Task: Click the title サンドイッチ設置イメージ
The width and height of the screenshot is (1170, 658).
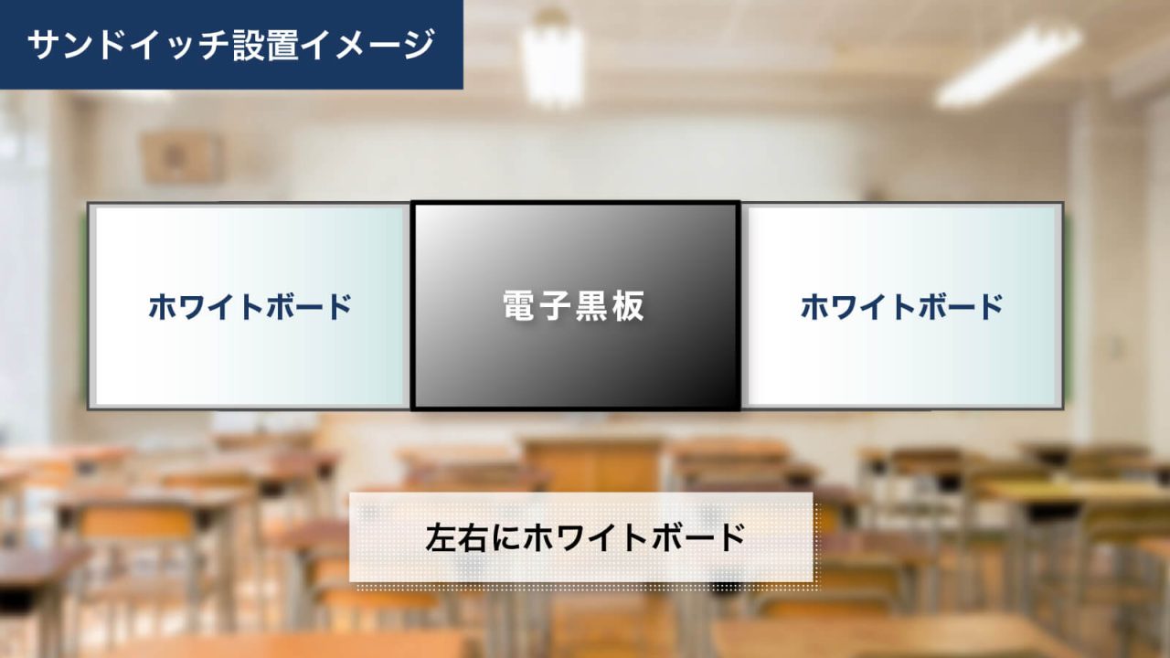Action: [x=230, y=45]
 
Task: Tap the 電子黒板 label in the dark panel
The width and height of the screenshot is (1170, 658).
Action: [x=574, y=307]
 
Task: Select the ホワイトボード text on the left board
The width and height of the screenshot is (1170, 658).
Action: [x=250, y=307]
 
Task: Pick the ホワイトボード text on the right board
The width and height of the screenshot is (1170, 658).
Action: [x=902, y=307]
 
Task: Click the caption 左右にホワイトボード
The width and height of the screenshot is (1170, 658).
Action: [x=585, y=537]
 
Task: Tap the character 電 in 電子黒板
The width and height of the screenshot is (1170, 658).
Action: [x=520, y=307]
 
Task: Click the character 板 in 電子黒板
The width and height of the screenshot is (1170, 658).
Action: [x=629, y=307]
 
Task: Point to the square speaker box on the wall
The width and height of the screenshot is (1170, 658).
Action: [x=181, y=157]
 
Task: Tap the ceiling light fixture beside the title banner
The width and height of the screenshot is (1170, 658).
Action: [x=552, y=57]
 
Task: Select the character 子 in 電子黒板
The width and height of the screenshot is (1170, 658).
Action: [x=556, y=307]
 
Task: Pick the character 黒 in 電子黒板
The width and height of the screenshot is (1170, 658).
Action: [x=592, y=307]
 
